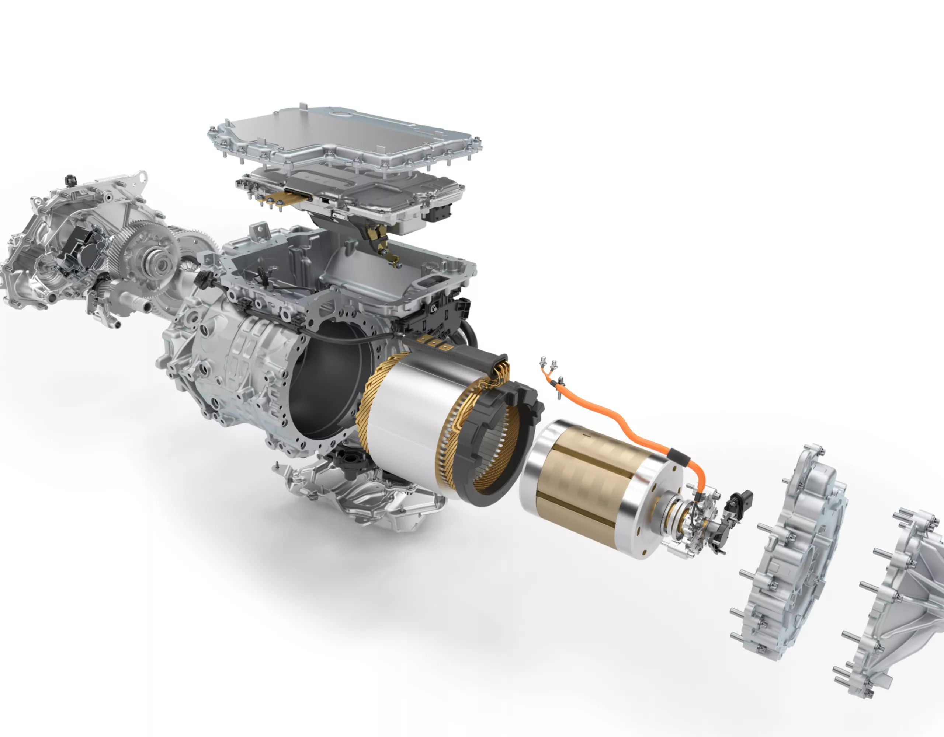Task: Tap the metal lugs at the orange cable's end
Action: coord(548,365)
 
